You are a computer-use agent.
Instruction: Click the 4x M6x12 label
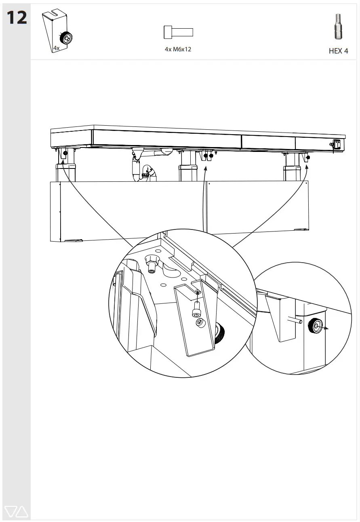point(178,49)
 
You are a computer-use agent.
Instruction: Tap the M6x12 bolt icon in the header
point(178,32)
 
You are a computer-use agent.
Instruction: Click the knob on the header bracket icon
point(66,39)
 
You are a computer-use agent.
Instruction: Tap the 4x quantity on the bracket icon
point(57,48)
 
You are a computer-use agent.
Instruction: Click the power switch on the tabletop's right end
point(335,143)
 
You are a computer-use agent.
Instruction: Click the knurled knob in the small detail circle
point(316,325)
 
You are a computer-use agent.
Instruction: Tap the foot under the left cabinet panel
point(73,241)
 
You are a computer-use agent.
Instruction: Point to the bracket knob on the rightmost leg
point(308,157)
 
